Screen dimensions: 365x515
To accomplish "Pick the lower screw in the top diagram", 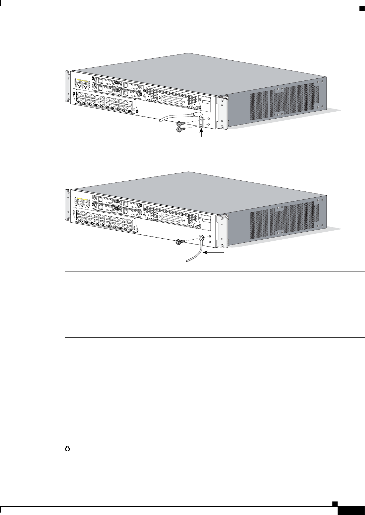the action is tap(180, 129).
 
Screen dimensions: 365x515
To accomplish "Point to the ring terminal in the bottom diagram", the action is tap(202, 238).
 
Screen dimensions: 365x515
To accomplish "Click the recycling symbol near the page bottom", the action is tap(67, 448).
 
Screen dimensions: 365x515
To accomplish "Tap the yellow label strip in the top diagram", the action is tap(82, 80).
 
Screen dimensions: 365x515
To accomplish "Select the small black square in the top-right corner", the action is tap(362, 8).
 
